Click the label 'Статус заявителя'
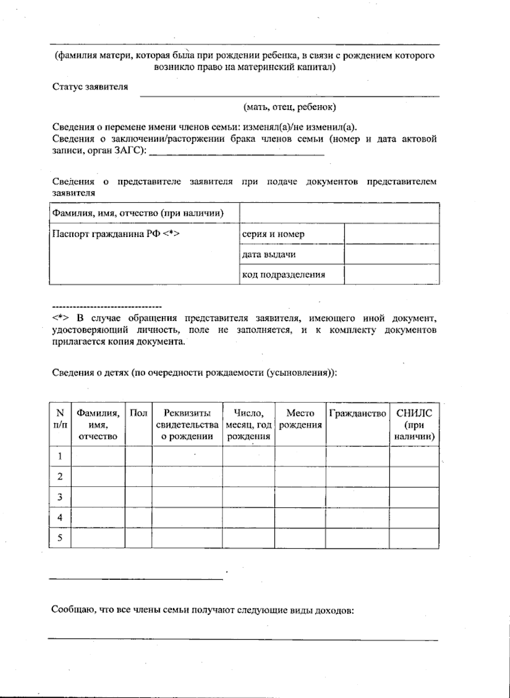[90, 87]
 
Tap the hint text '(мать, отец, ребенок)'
[289, 107]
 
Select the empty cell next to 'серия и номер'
[391, 234]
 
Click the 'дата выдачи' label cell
[292, 254]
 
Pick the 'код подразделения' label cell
[292, 274]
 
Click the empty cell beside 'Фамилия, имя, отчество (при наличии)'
[339, 213]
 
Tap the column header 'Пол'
[138, 413]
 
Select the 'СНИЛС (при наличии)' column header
[414, 424]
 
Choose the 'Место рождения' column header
[300, 419]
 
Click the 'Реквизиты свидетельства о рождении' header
[187, 424]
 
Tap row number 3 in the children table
[60, 497]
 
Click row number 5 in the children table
[60, 538]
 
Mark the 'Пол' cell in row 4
[138, 517]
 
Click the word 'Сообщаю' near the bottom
[69, 610]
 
